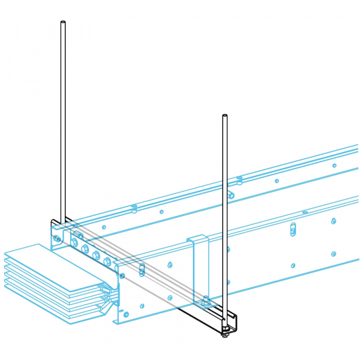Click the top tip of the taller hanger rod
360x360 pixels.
coord(63,23)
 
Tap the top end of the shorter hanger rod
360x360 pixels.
coord(224,115)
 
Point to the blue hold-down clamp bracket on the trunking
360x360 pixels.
coord(199,270)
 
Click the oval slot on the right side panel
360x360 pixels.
coord(293,229)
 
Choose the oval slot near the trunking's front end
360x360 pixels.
coord(142,269)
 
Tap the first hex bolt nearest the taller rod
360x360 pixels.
coord(74,242)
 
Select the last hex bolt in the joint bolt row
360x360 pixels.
coord(107,262)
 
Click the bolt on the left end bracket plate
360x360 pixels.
coord(56,238)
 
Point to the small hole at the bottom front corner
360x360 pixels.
coord(126,314)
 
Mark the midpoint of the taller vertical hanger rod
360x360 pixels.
coord(63,120)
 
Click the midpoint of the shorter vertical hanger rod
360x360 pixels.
coord(224,222)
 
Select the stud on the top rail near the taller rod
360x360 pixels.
coord(134,208)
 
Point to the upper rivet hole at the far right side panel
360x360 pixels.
coord(334,221)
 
